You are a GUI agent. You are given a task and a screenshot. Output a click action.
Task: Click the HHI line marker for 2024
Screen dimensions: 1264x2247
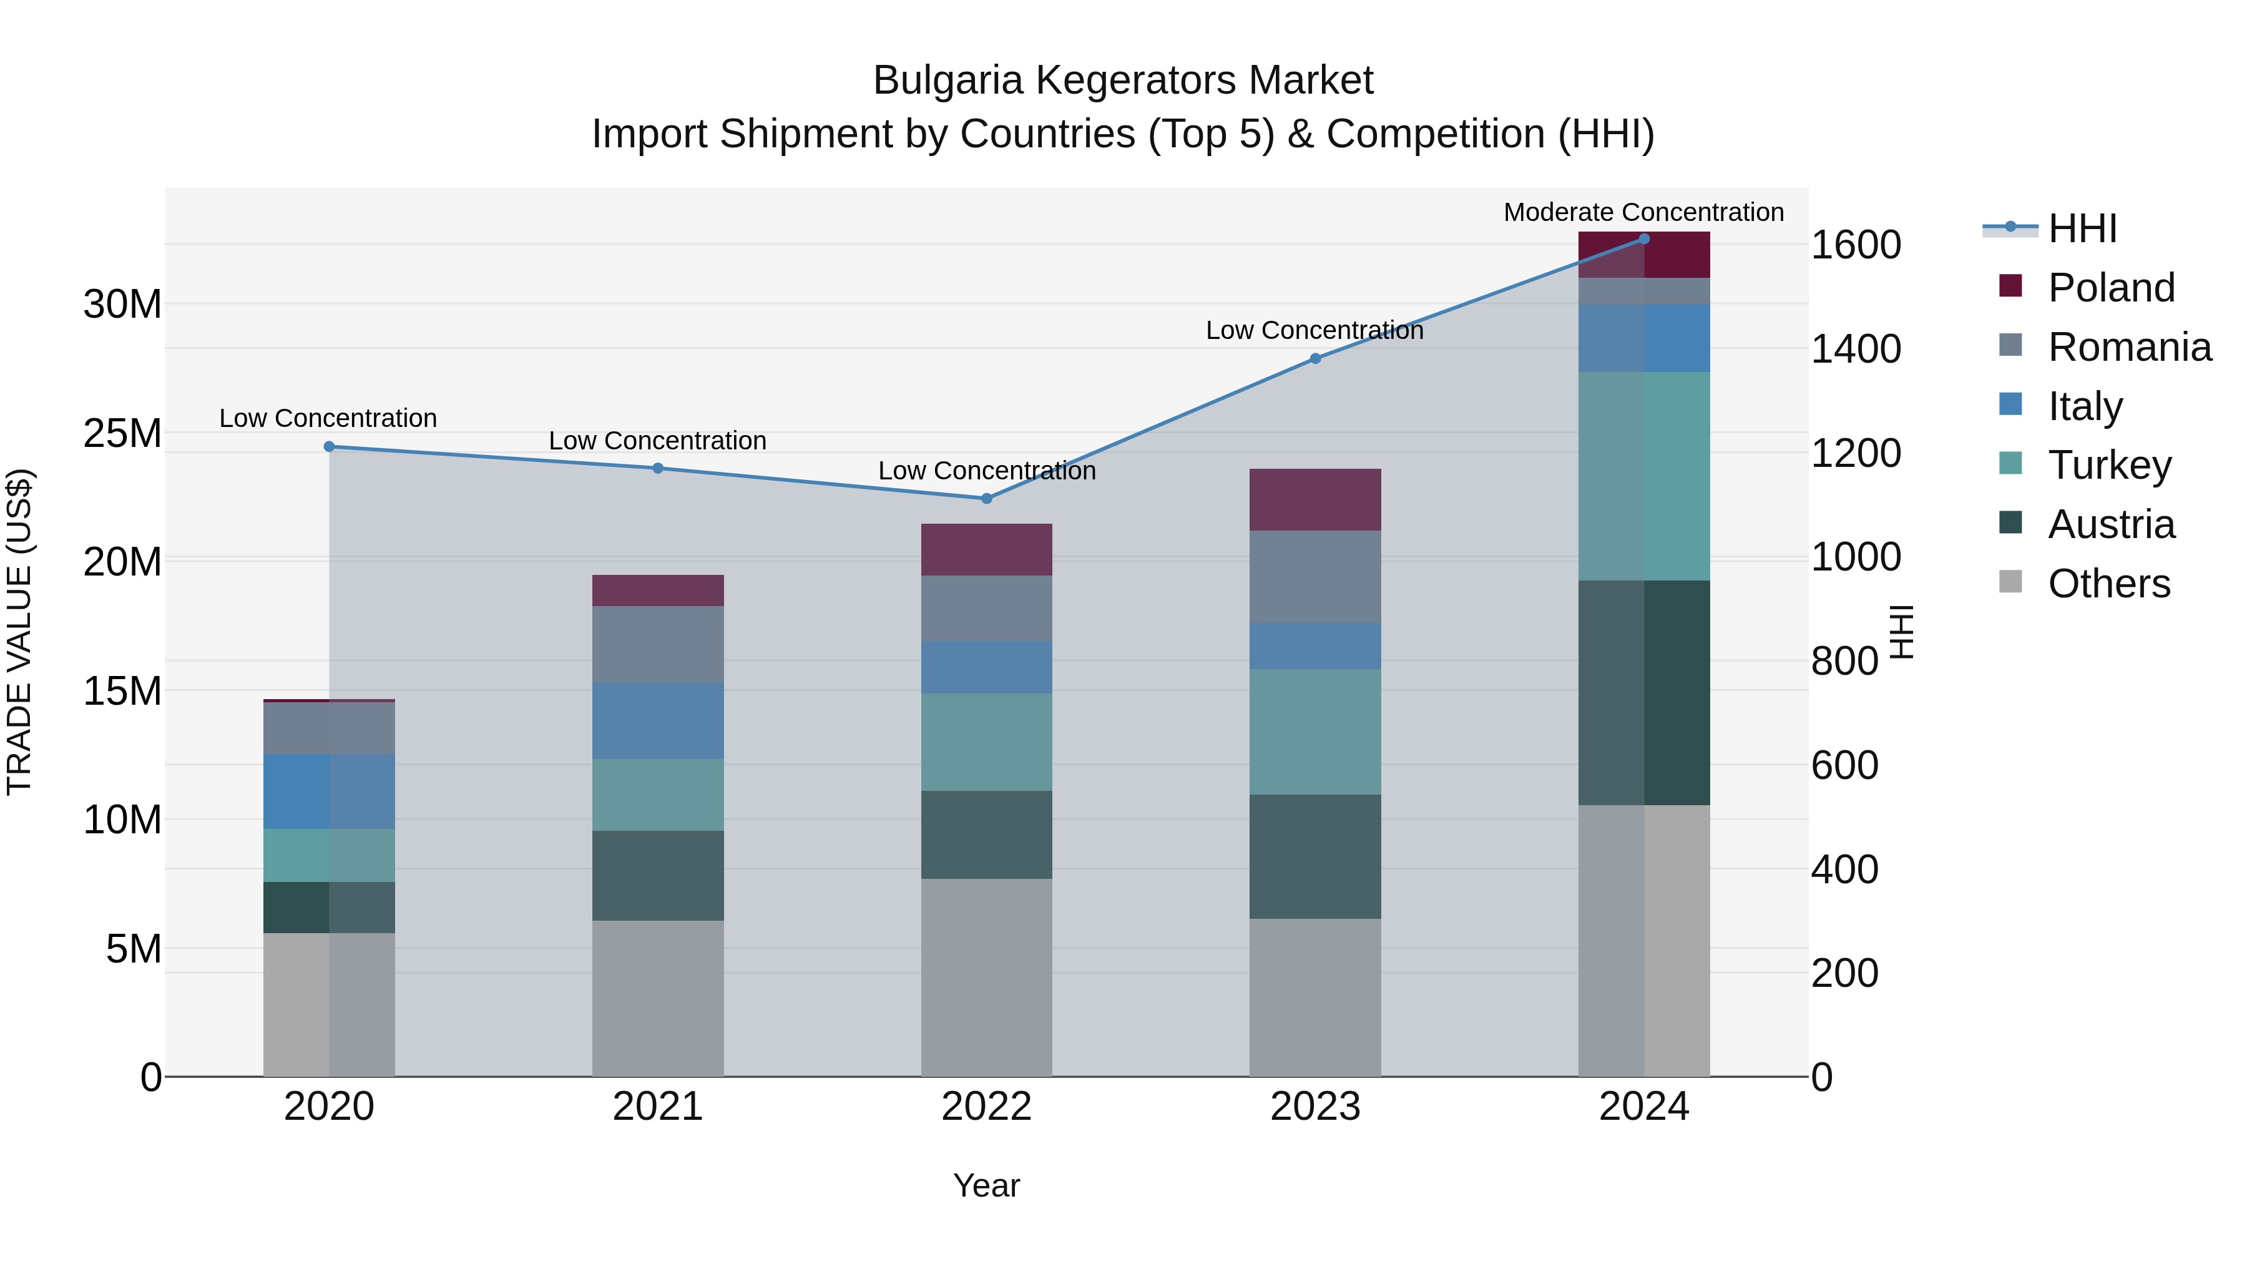1643,239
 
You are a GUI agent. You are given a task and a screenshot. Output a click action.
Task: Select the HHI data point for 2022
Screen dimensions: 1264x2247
987,499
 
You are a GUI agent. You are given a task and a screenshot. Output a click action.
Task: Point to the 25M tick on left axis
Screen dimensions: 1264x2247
122,434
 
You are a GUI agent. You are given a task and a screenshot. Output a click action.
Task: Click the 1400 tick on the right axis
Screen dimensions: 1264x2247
1856,349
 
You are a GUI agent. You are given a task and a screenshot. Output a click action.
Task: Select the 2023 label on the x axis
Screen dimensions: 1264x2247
1314,1107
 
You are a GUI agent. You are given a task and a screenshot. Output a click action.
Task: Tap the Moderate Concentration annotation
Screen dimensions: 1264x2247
1643,212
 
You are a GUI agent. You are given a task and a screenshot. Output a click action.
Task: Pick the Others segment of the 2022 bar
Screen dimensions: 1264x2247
987,977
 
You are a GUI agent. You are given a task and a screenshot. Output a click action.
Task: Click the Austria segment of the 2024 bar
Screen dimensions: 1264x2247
1643,693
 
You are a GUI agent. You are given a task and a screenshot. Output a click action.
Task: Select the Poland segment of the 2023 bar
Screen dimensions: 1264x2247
1314,500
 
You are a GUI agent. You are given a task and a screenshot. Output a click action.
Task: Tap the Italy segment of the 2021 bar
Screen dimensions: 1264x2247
658,720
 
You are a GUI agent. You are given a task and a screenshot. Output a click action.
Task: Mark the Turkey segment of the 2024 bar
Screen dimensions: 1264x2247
1643,476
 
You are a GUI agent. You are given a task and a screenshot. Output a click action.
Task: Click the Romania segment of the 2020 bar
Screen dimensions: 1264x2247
329,728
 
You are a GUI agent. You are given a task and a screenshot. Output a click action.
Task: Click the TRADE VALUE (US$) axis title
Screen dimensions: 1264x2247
19,632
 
